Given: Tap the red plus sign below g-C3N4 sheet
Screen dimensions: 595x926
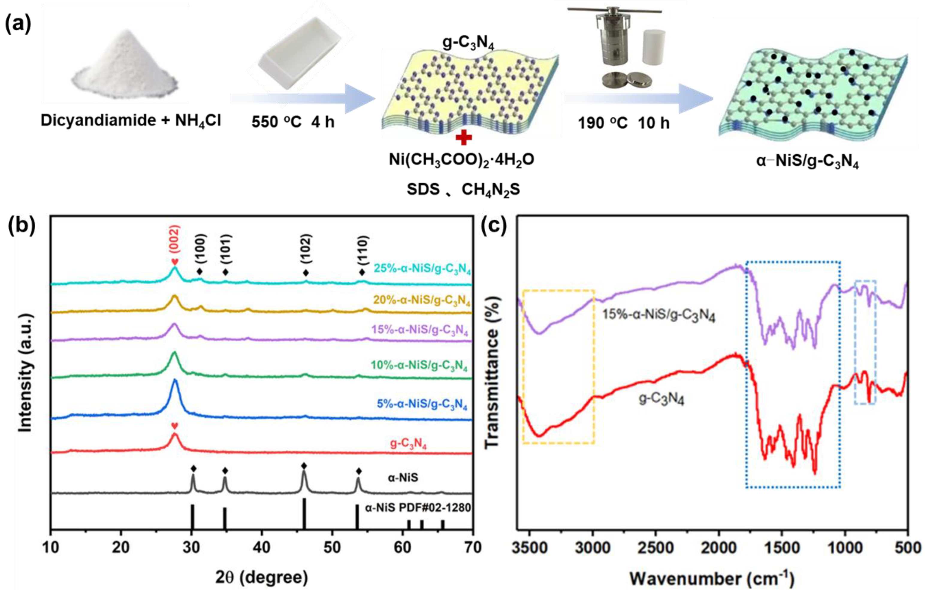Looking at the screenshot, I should point(463,137).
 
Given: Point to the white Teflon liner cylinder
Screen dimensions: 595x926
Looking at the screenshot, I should point(654,46).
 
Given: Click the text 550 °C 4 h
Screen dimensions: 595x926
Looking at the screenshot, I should point(293,123).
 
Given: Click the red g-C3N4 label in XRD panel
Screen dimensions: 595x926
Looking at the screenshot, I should point(408,443).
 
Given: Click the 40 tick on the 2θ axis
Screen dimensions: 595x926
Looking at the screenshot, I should point(262,548).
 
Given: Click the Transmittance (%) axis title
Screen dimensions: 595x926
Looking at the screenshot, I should point(491,373).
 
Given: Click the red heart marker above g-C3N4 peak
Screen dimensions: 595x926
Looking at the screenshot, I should point(175,426).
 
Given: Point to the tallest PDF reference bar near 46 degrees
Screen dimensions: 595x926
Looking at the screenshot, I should point(304,514).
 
